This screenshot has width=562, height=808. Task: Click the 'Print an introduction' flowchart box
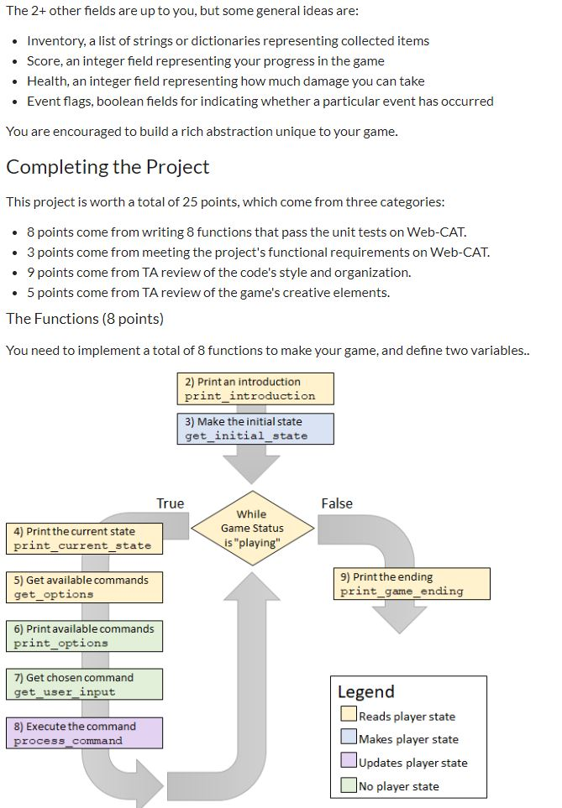[x=255, y=388]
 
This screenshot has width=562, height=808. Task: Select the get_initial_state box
[x=255, y=429]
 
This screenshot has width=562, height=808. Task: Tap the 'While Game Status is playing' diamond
[x=252, y=528]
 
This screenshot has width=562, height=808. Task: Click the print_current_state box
[x=83, y=538]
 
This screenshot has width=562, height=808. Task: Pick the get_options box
[x=83, y=586]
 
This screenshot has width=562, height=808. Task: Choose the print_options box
[x=83, y=635]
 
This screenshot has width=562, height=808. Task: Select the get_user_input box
[x=83, y=684]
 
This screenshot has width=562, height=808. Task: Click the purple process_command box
[x=83, y=732]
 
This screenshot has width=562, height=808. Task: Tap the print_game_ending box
[x=411, y=584]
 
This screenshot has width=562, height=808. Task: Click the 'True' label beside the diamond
[x=170, y=503]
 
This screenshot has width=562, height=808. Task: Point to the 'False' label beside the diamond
[x=337, y=503]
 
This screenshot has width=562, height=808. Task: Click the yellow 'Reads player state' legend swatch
[x=348, y=716]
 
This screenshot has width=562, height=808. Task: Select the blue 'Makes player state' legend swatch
[x=348, y=739]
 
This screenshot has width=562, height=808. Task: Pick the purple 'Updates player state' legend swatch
[x=348, y=763]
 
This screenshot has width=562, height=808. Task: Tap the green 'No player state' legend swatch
[x=348, y=786]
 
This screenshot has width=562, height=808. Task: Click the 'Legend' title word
[x=365, y=691]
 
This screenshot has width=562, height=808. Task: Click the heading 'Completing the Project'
[x=108, y=167]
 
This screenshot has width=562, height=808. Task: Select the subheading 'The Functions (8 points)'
[x=85, y=319]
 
